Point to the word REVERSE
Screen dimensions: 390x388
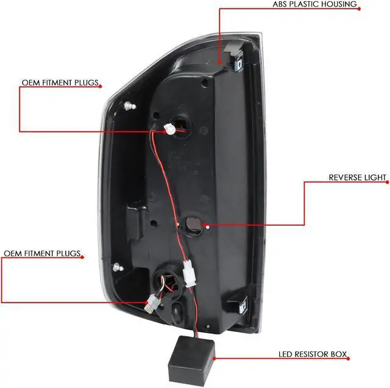pyautogui.click(x=346, y=178)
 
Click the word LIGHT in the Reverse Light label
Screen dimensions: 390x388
pyautogui.click(x=377, y=178)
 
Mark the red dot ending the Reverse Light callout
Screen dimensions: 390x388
pyautogui.click(x=209, y=227)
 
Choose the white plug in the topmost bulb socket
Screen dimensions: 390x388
pyautogui.click(x=171, y=129)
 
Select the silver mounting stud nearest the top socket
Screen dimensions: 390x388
pyautogui.click(x=128, y=107)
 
